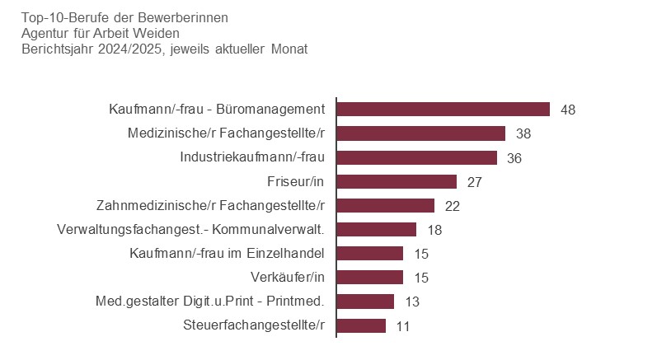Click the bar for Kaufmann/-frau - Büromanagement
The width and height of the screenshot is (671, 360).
pyautogui.click(x=443, y=110)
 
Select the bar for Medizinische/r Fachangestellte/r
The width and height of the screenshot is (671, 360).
pyautogui.click(x=421, y=133)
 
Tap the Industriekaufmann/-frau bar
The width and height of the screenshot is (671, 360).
pyautogui.click(x=417, y=157)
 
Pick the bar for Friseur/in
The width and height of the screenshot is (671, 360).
pyautogui.click(x=397, y=181)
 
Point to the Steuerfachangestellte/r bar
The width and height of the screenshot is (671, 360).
pyautogui.click(x=362, y=325)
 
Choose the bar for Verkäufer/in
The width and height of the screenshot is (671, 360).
pyautogui.click(x=370, y=277)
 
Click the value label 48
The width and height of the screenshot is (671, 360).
pyautogui.click(x=567, y=110)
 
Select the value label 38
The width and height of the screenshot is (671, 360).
pyautogui.click(x=523, y=133)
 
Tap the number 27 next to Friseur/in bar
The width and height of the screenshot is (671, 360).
pyautogui.click(x=474, y=181)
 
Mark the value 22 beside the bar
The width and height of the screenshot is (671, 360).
pyautogui.click(x=452, y=206)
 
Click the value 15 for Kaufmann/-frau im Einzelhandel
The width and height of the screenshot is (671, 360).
pyautogui.click(x=420, y=254)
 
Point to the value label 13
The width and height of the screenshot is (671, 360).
pyautogui.click(x=412, y=302)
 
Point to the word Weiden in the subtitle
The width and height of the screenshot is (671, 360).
pyautogui.click(x=159, y=33)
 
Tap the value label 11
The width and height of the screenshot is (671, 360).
pyautogui.click(x=403, y=325)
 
